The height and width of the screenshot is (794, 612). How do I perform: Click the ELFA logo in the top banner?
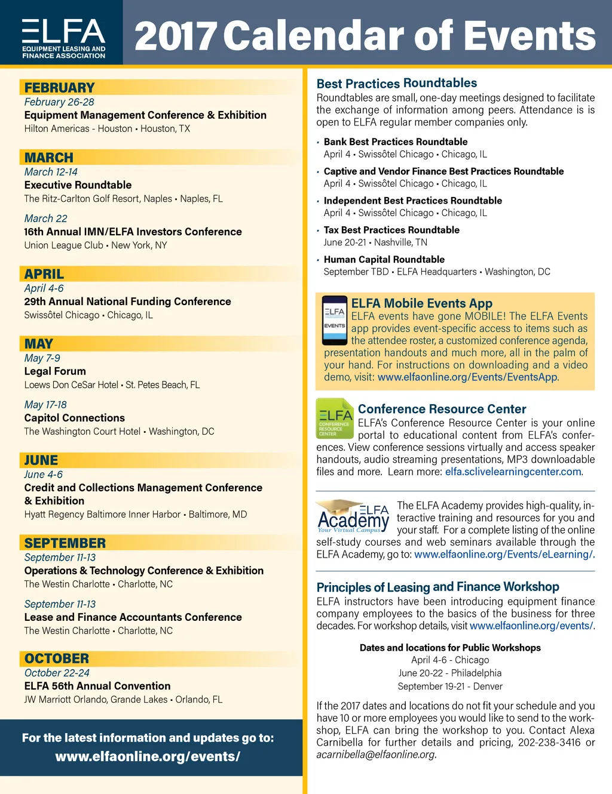pos(63,38)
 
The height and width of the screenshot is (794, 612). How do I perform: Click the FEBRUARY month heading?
pos(59,88)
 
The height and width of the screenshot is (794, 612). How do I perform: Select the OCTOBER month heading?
pos(57,658)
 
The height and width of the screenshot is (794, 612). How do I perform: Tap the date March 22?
pos(45,218)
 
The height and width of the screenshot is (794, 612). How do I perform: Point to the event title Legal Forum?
pos(55,371)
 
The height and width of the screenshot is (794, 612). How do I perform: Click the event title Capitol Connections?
pos(74,418)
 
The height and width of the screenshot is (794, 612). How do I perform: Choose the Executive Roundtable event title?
pos(78,185)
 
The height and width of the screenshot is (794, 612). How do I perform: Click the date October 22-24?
pos(57,673)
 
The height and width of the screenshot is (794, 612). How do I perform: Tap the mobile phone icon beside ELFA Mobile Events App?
pos(334,320)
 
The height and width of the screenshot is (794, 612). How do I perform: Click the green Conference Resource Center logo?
pos(335,418)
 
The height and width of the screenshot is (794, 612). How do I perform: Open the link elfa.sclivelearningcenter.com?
pos(513,472)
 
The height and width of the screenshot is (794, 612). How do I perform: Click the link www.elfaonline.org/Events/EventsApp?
pos(467,377)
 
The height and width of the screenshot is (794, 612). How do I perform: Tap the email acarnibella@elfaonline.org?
pos(375,755)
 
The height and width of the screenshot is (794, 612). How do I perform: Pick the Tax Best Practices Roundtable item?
pos(391,230)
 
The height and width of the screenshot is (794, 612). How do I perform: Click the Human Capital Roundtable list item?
pos(384,259)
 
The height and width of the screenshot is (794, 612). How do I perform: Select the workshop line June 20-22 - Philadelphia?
pos(450,673)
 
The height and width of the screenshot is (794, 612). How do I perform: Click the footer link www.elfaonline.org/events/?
pos(148,756)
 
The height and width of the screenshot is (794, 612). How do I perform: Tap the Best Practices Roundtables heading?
pos(397,84)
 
